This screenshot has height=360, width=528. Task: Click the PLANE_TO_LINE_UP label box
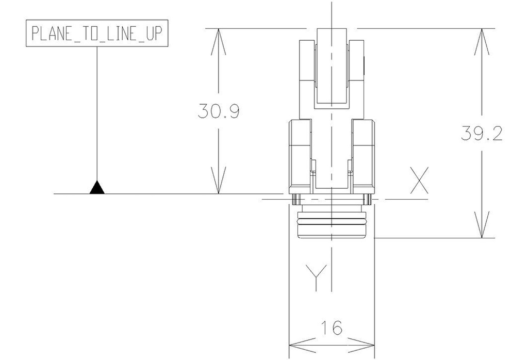click(x=97, y=33)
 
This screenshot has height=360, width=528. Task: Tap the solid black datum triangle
click(x=97, y=188)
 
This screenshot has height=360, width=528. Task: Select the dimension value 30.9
click(x=219, y=111)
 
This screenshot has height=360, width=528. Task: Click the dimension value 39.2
click(x=482, y=134)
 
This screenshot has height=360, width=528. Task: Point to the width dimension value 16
click(x=332, y=328)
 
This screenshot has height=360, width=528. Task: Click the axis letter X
click(x=419, y=181)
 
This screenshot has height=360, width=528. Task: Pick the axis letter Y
click(x=316, y=278)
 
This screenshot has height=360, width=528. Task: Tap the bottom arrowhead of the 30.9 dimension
click(x=219, y=181)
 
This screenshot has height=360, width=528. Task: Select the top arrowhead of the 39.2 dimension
click(x=482, y=42)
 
